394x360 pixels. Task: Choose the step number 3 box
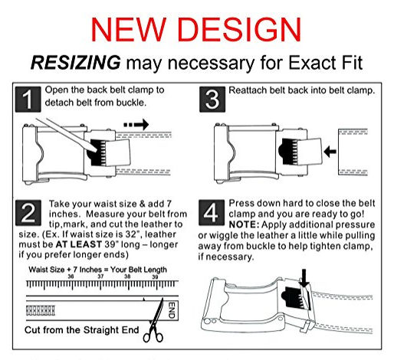(x=212, y=100)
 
